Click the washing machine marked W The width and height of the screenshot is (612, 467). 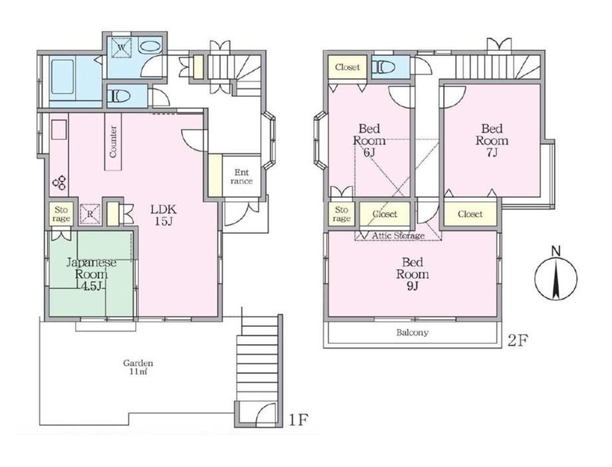(x=121, y=48)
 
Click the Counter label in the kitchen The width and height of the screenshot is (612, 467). (x=113, y=141)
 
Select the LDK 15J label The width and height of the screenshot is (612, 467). (x=164, y=215)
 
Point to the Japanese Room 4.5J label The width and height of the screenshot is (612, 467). (x=91, y=274)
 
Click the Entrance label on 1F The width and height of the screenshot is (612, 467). (x=241, y=177)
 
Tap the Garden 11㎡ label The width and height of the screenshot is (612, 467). (x=138, y=367)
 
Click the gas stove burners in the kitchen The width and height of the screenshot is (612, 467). (x=60, y=183)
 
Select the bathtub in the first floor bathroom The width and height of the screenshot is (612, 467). (x=63, y=76)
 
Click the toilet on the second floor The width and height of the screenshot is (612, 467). (x=383, y=67)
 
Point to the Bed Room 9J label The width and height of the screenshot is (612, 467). (x=412, y=274)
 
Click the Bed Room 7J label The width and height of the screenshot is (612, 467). (x=492, y=140)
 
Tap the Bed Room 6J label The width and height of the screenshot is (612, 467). (x=369, y=140)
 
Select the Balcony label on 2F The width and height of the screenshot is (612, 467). (x=412, y=333)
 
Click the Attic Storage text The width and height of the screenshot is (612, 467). (x=398, y=235)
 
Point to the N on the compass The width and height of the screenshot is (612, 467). (x=556, y=252)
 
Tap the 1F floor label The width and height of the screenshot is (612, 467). (x=299, y=420)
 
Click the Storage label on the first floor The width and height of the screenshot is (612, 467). (x=61, y=215)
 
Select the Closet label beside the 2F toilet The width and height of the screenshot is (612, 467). (x=347, y=67)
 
